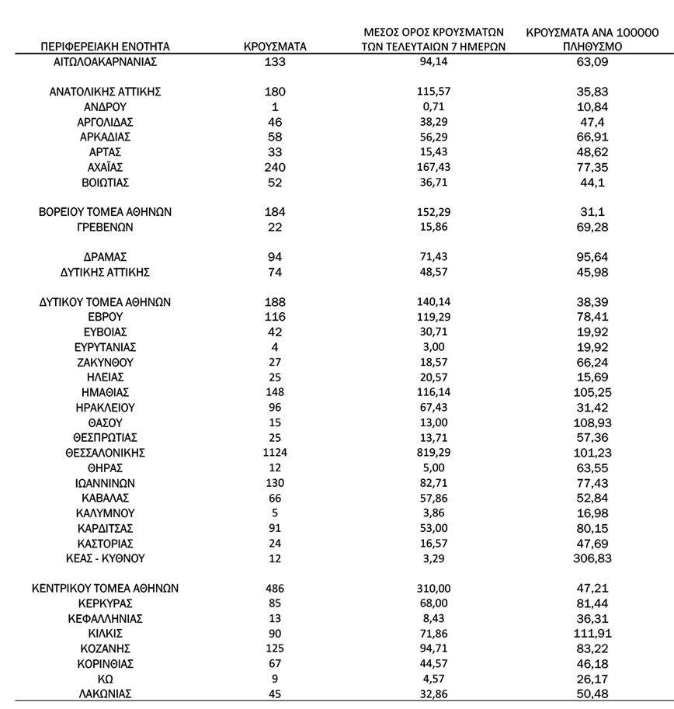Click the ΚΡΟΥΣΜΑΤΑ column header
[275, 47]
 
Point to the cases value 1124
[275, 453]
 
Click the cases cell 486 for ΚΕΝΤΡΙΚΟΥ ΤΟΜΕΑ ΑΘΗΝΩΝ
[275, 589]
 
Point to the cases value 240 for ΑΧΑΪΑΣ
[275, 168]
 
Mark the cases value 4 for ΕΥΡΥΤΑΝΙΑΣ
[275, 347]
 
